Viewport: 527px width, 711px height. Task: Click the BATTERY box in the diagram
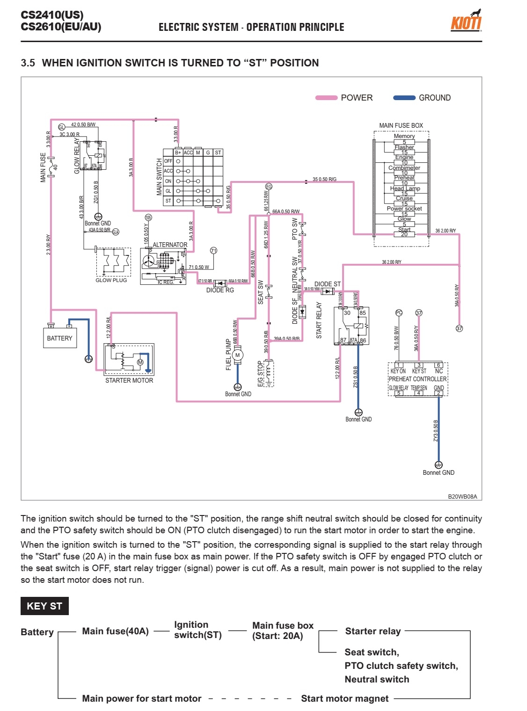59,338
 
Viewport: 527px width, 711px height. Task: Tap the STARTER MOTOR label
129,380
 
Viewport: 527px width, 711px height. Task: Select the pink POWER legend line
326,98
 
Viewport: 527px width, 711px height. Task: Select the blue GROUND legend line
404,98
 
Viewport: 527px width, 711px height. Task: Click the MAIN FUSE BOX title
401,125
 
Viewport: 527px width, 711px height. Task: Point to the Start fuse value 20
404,234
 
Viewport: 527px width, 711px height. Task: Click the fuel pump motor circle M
237,355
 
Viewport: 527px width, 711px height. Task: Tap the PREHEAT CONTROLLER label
417,379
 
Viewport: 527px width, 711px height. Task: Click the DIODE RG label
220,290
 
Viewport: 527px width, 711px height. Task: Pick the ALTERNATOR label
170,245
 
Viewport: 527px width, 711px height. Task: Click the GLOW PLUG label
111,280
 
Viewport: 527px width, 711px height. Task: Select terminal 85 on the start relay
363,313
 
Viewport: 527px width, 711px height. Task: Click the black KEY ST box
44,606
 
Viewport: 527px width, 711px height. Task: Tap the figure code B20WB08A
462,496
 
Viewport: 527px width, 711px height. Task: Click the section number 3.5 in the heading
28,63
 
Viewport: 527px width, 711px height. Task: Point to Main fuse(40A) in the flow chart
115,631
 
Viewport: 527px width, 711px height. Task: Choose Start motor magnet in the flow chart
344,698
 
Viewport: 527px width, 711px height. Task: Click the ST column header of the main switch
218,152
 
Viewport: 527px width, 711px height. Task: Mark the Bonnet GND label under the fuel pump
238,394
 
